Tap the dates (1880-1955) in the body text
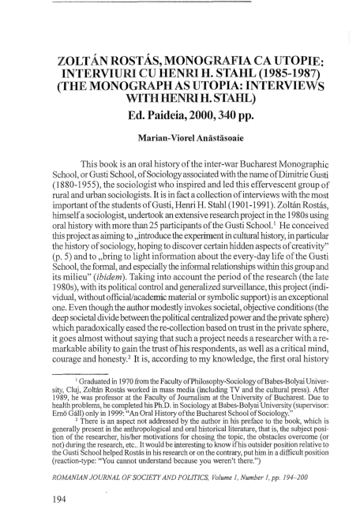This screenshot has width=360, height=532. point(79,188)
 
